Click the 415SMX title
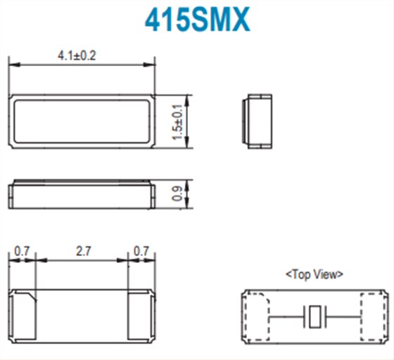(198, 21)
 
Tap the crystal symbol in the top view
(314, 316)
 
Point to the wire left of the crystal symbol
(286, 316)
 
